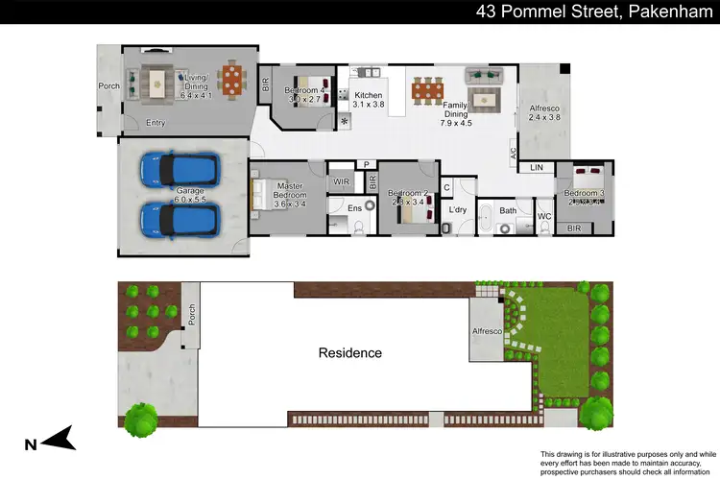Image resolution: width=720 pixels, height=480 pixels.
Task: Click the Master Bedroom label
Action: point(289,195)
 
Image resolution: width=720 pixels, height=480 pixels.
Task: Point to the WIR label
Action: point(341,180)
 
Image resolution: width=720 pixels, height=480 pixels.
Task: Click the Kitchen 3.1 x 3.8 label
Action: point(370,102)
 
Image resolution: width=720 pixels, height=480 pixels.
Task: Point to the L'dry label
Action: point(457,209)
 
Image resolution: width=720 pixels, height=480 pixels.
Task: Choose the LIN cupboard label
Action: point(537,168)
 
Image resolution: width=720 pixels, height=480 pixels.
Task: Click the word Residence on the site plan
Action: point(349,353)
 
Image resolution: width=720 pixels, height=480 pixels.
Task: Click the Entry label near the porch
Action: point(156,123)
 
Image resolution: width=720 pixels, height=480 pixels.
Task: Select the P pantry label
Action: point(365,164)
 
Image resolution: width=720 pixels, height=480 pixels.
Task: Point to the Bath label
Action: point(508,209)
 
